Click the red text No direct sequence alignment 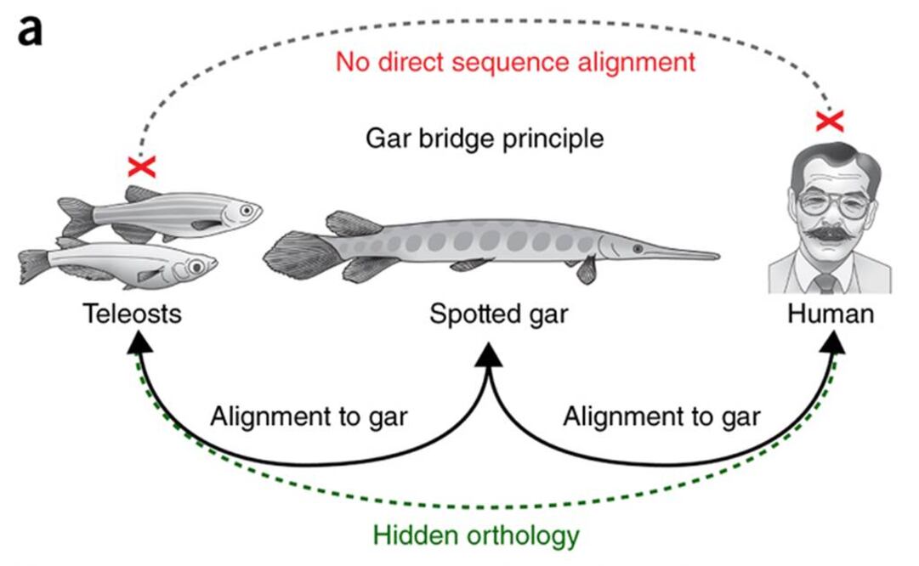click(515, 62)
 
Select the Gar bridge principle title click(485, 138)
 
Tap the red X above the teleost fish click(142, 166)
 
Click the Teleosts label click(132, 314)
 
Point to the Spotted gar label click(498, 314)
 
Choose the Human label click(830, 314)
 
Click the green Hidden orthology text click(477, 536)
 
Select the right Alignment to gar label click(661, 416)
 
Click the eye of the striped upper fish click(247, 209)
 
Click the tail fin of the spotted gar click(293, 251)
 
